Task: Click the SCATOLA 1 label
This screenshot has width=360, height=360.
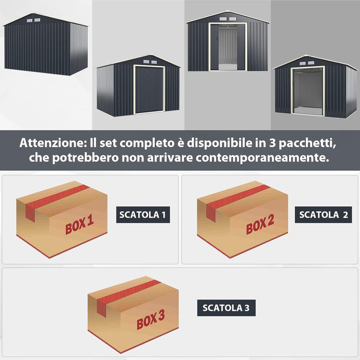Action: (x=142, y=214)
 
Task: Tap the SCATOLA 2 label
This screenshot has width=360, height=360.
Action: (x=323, y=214)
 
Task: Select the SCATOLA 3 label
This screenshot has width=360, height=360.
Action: (x=226, y=308)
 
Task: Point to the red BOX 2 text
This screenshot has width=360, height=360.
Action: (x=260, y=224)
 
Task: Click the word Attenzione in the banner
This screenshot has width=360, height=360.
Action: (x=51, y=142)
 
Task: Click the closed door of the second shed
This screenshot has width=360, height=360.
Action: (x=149, y=89)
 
